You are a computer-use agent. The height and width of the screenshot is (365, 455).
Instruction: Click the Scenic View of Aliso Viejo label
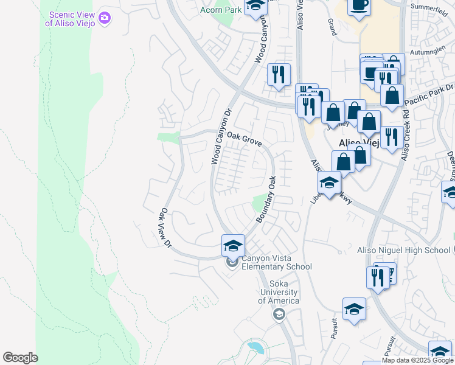[x=70, y=19]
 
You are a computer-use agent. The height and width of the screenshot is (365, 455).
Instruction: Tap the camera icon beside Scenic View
[x=105, y=18]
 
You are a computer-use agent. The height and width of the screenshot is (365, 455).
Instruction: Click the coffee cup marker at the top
[x=358, y=5]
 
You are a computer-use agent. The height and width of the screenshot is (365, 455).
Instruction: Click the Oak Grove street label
[x=244, y=139]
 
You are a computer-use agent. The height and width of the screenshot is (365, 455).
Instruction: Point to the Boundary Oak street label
[x=267, y=200]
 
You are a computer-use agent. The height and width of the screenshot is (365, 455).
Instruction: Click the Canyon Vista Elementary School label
[x=277, y=262]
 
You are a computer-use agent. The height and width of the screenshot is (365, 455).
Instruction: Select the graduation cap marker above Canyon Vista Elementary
[x=233, y=246]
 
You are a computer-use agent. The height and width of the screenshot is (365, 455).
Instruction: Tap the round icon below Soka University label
[x=279, y=314]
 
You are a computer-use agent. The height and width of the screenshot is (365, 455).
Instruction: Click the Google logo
[x=20, y=358]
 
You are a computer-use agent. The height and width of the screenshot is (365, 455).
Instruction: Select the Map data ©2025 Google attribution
[x=417, y=360]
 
